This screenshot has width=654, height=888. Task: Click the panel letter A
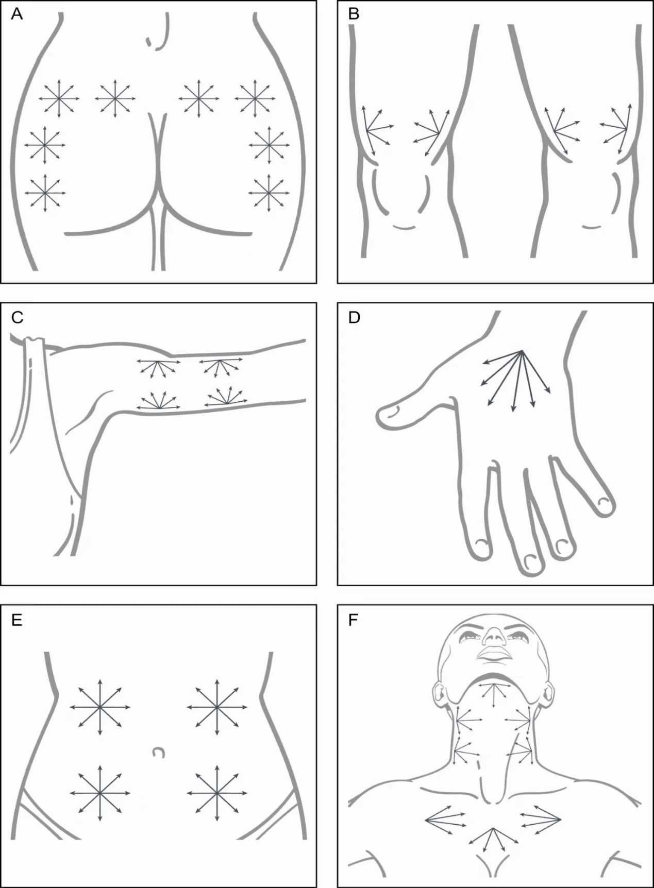tap(16, 14)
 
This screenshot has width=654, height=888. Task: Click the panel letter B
tap(354, 14)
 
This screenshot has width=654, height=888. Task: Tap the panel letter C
tap(17, 317)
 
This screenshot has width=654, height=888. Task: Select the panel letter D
tap(354, 317)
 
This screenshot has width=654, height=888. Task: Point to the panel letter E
tap(16, 620)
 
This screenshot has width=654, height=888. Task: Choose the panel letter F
tap(353, 620)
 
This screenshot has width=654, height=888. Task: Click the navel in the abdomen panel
tap(159, 753)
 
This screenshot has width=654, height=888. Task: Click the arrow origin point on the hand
tap(522, 351)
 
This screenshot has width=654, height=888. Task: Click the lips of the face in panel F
tap(494, 654)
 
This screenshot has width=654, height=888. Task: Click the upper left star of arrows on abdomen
tap(100, 707)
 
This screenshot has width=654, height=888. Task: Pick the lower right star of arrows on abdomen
tap(217, 792)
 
